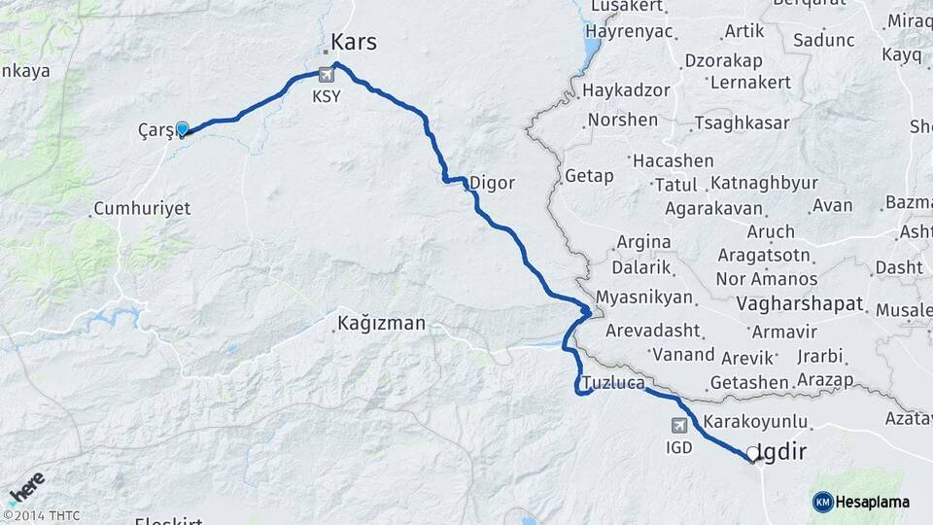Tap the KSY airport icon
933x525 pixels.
click(327, 74)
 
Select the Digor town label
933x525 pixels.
click(491, 182)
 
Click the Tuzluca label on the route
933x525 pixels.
click(613, 383)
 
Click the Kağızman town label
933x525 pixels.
click(381, 323)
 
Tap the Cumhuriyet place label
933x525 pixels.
click(142, 209)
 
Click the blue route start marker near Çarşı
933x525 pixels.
click(182, 127)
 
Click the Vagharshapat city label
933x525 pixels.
click(800, 304)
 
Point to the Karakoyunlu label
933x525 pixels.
click(756, 421)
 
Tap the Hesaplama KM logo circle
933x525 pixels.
click(822, 502)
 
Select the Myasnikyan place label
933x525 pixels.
click(643, 297)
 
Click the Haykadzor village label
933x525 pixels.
click(627, 90)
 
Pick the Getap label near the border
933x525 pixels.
click(587, 176)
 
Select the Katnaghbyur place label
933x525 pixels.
click(762, 183)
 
